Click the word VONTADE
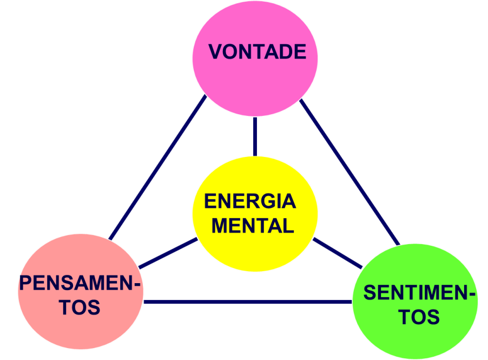pyautogui.click(x=257, y=52)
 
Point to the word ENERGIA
pyautogui.click(x=250, y=201)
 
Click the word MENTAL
pyautogui.click(x=253, y=225)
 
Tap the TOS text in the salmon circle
pyautogui.click(x=80, y=307)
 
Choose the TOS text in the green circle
pyautogui.click(x=419, y=317)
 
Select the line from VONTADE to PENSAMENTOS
pyautogui.click(x=157, y=168)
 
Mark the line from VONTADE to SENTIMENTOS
pyautogui.click(x=349, y=171)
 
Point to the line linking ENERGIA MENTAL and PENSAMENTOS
pyautogui.click(x=168, y=253)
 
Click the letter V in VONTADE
pyautogui.click(x=215, y=52)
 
